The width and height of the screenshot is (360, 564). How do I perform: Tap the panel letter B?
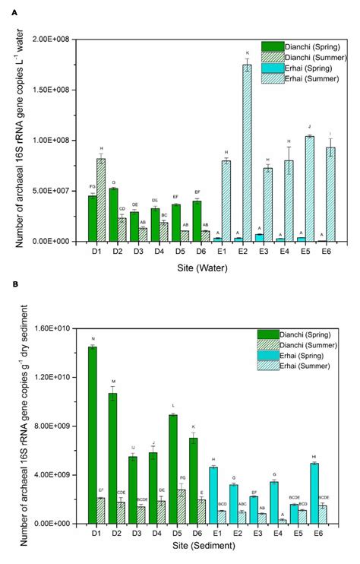(6, 284)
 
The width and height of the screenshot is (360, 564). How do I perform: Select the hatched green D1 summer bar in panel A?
(101, 200)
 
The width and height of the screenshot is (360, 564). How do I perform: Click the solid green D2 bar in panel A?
(113, 214)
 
